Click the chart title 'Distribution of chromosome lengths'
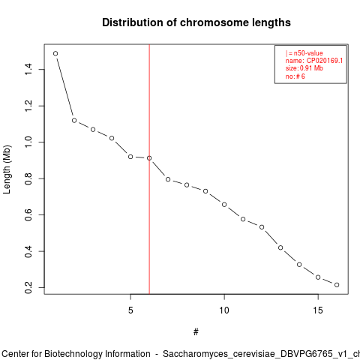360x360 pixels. click(x=196, y=22)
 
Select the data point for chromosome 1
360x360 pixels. click(x=55, y=53)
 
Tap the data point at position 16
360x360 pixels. click(x=337, y=285)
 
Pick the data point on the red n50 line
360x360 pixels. click(x=149, y=158)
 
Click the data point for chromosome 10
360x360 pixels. click(x=224, y=205)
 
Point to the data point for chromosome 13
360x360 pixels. click(x=280, y=247)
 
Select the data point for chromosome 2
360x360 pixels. click(x=74, y=121)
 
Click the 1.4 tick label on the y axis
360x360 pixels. click(x=28, y=69)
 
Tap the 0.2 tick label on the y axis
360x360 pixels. click(x=28, y=287)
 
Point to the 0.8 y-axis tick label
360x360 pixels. click(x=28, y=178)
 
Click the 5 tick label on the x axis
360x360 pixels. click(x=130, y=310)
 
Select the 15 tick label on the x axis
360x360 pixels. click(x=318, y=310)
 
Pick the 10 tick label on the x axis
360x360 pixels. click(x=224, y=310)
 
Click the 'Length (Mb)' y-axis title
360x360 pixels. click(x=7, y=169)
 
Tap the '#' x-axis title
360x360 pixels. click(x=196, y=332)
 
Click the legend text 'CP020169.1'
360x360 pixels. click(x=325, y=61)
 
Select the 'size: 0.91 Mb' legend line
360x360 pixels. click(x=304, y=68)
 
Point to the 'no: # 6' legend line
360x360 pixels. click(x=295, y=76)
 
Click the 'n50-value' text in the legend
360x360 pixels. click(x=308, y=53)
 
